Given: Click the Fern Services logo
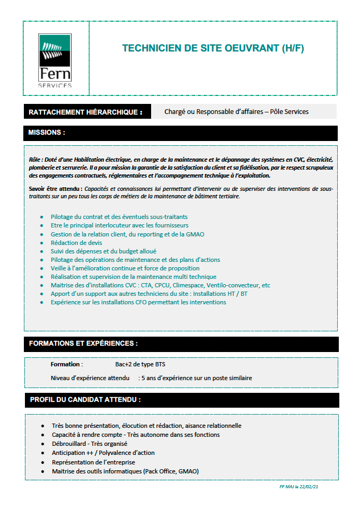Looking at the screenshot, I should click(55, 60).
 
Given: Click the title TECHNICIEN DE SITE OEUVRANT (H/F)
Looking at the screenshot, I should click(213, 49).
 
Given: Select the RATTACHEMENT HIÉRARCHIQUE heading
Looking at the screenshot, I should click(85, 112).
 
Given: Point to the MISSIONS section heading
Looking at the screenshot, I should click(47, 133).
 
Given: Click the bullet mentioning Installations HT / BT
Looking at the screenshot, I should click(148, 294).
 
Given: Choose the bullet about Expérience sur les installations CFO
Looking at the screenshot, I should click(138, 302).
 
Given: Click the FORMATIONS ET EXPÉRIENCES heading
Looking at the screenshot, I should click(83, 344).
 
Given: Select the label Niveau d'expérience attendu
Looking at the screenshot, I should click(90, 379).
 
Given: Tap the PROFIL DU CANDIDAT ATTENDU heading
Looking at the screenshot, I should click(85, 399).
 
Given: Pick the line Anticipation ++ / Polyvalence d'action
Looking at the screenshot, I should click(103, 453).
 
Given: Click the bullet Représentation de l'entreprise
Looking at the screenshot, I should click(93, 462).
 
